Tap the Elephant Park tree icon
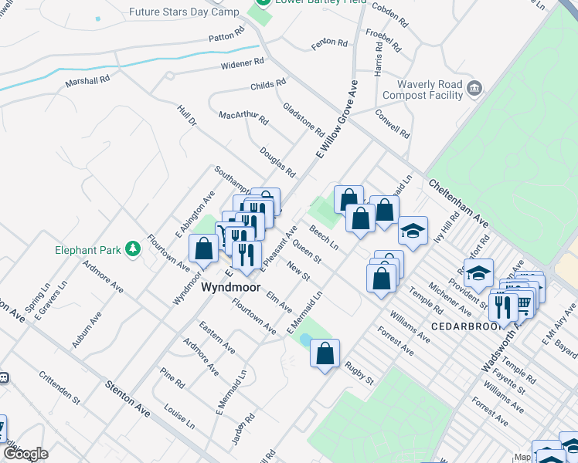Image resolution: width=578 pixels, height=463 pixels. click(x=134, y=248)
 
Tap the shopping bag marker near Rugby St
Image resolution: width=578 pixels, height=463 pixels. click(x=325, y=354)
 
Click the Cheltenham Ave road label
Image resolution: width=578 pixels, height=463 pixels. click(x=458, y=204)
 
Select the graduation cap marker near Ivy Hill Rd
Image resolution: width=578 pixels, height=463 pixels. click(x=413, y=231)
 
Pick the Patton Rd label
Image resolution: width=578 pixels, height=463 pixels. click(x=226, y=36)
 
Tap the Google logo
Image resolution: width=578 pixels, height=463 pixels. click(x=25, y=454)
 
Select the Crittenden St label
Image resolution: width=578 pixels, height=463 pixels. click(x=59, y=388)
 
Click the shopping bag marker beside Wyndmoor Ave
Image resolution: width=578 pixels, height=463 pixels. click(x=204, y=249)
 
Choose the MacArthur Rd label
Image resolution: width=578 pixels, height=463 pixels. click(x=243, y=118)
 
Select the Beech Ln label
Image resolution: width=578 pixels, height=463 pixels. click(x=324, y=238)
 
